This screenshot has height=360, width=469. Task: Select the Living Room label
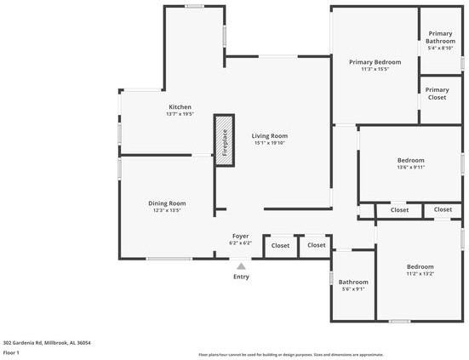tap(269, 135)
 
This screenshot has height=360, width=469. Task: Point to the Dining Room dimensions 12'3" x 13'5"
tap(167, 210)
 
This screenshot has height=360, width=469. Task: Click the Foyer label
tap(241, 236)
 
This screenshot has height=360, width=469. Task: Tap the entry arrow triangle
tap(241, 266)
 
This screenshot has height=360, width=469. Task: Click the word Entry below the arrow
tap(241, 277)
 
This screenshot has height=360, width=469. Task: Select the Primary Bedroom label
tap(375, 62)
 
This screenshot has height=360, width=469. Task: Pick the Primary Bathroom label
tap(441, 37)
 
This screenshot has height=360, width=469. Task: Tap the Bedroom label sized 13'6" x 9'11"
tap(410, 160)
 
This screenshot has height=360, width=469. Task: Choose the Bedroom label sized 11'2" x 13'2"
tap(420, 266)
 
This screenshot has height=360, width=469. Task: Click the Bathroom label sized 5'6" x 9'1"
tap(353, 282)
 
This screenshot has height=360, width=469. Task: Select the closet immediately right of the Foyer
tap(280, 245)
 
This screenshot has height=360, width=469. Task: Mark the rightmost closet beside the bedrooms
tap(443, 209)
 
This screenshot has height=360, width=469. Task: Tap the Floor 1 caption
tap(12, 352)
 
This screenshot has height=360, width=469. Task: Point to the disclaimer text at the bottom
tap(290, 355)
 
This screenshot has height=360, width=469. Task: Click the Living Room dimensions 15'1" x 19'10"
tap(269, 143)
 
